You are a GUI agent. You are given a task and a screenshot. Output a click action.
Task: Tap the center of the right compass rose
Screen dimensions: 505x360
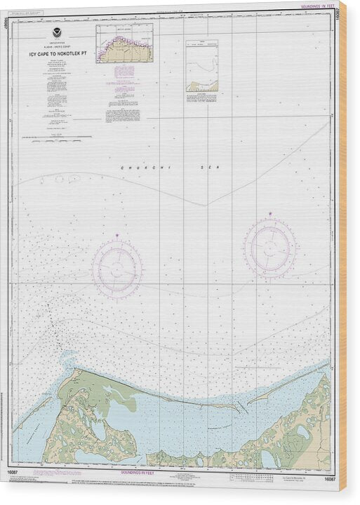pos(270,248)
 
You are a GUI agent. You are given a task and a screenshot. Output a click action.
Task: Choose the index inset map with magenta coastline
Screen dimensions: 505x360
pos(124,43)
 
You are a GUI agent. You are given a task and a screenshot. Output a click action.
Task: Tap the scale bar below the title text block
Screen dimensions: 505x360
pos(56,137)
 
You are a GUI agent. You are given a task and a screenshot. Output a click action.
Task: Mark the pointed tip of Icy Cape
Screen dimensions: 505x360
pos(69,356)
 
